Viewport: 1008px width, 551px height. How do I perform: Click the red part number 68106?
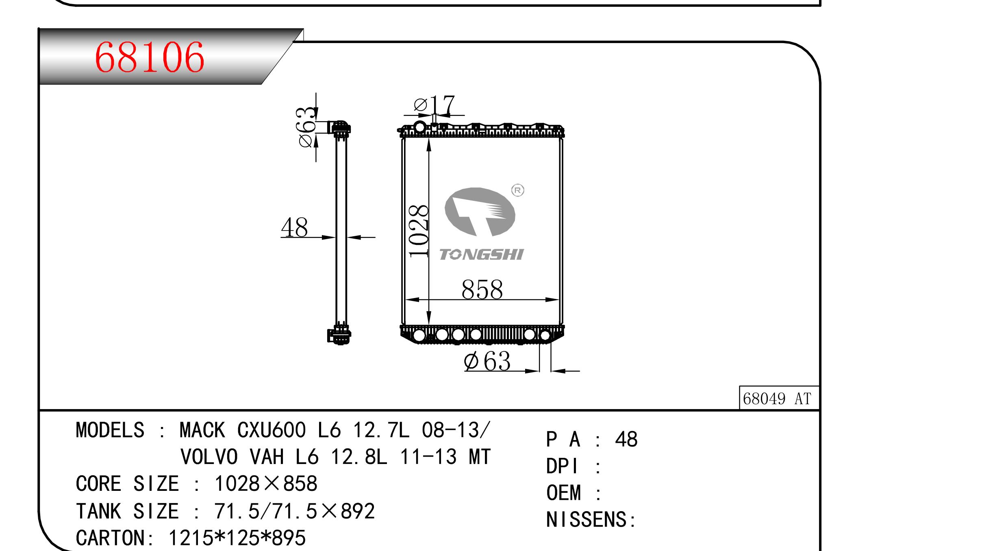149,58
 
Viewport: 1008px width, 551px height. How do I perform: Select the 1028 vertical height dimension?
419,231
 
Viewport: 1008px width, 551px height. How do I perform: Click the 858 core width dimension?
482,290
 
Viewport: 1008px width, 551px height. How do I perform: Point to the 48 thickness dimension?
294,227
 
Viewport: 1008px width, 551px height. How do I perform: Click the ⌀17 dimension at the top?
434,105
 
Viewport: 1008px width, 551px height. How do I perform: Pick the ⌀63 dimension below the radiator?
487,361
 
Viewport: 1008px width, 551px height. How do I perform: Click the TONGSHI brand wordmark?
482,255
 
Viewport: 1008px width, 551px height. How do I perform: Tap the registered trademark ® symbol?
517,190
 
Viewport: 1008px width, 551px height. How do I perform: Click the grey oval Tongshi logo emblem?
480,212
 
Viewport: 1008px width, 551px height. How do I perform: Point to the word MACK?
202,430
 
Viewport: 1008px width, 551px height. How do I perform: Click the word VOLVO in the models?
209,457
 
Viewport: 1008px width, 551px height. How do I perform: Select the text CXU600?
272,430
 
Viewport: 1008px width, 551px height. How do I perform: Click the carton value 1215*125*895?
237,538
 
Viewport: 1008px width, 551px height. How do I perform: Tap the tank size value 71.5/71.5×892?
294,511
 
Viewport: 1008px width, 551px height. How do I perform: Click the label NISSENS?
591,520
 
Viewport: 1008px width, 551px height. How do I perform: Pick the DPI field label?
562,466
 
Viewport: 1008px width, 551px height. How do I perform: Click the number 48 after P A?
626,440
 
